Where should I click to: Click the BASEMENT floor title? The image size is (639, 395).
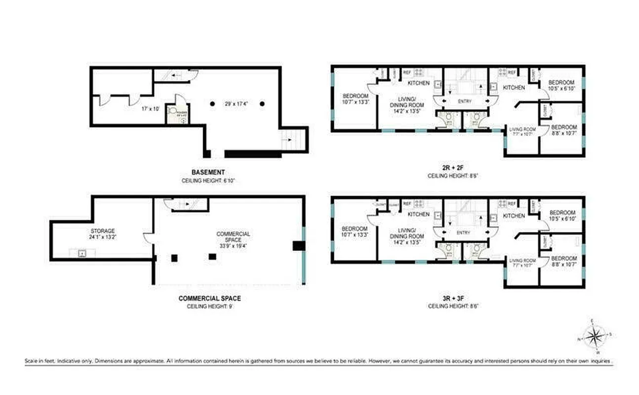(x=208, y=172)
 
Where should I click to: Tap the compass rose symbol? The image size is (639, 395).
(x=595, y=338)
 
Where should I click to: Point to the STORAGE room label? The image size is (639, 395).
(x=103, y=231)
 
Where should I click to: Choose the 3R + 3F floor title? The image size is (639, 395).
(x=453, y=298)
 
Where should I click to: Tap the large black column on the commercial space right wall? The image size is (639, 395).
(x=298, y=246)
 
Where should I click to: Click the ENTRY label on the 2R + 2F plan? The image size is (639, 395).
(x=464, y=101)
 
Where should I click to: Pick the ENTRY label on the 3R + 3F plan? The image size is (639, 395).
(x=464, y=233)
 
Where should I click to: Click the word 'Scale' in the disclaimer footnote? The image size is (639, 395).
(x=31, y=361)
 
